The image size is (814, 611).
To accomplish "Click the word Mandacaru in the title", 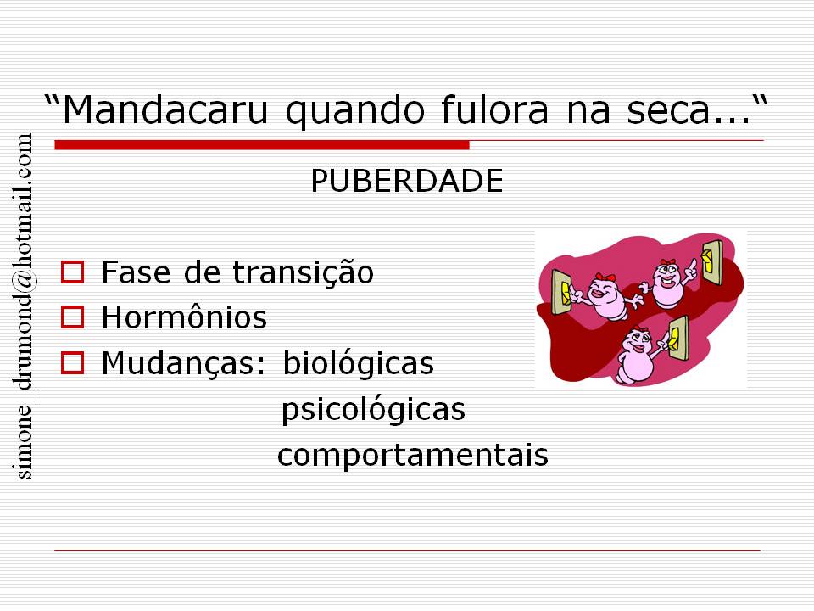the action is tap(165, 109).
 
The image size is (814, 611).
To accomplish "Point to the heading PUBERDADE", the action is tap(406, 181).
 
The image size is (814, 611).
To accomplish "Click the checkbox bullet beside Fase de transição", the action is tap(72, 272).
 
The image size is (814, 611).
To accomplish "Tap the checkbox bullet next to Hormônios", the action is tap(72, 317).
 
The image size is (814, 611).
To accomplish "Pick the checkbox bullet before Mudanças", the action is tap(72, 362).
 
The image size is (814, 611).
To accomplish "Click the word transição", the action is tap(303, 272).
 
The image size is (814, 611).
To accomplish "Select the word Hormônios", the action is tap(184, 316).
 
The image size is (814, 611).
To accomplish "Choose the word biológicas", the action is tap(358, 363).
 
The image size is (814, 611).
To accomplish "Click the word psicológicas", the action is tap(373, 409).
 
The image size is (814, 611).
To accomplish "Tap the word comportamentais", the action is tap(413, 456).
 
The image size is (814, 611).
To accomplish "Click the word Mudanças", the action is tap(184, 362).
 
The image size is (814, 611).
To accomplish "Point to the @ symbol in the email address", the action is tap(24, 282).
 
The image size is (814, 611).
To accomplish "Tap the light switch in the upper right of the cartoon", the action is tap(711, 262).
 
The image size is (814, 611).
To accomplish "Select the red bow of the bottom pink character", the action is tap(640, 329).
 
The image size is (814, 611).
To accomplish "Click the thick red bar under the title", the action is tap(262, 145).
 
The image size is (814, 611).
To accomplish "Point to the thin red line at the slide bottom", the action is tap(408, 550).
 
